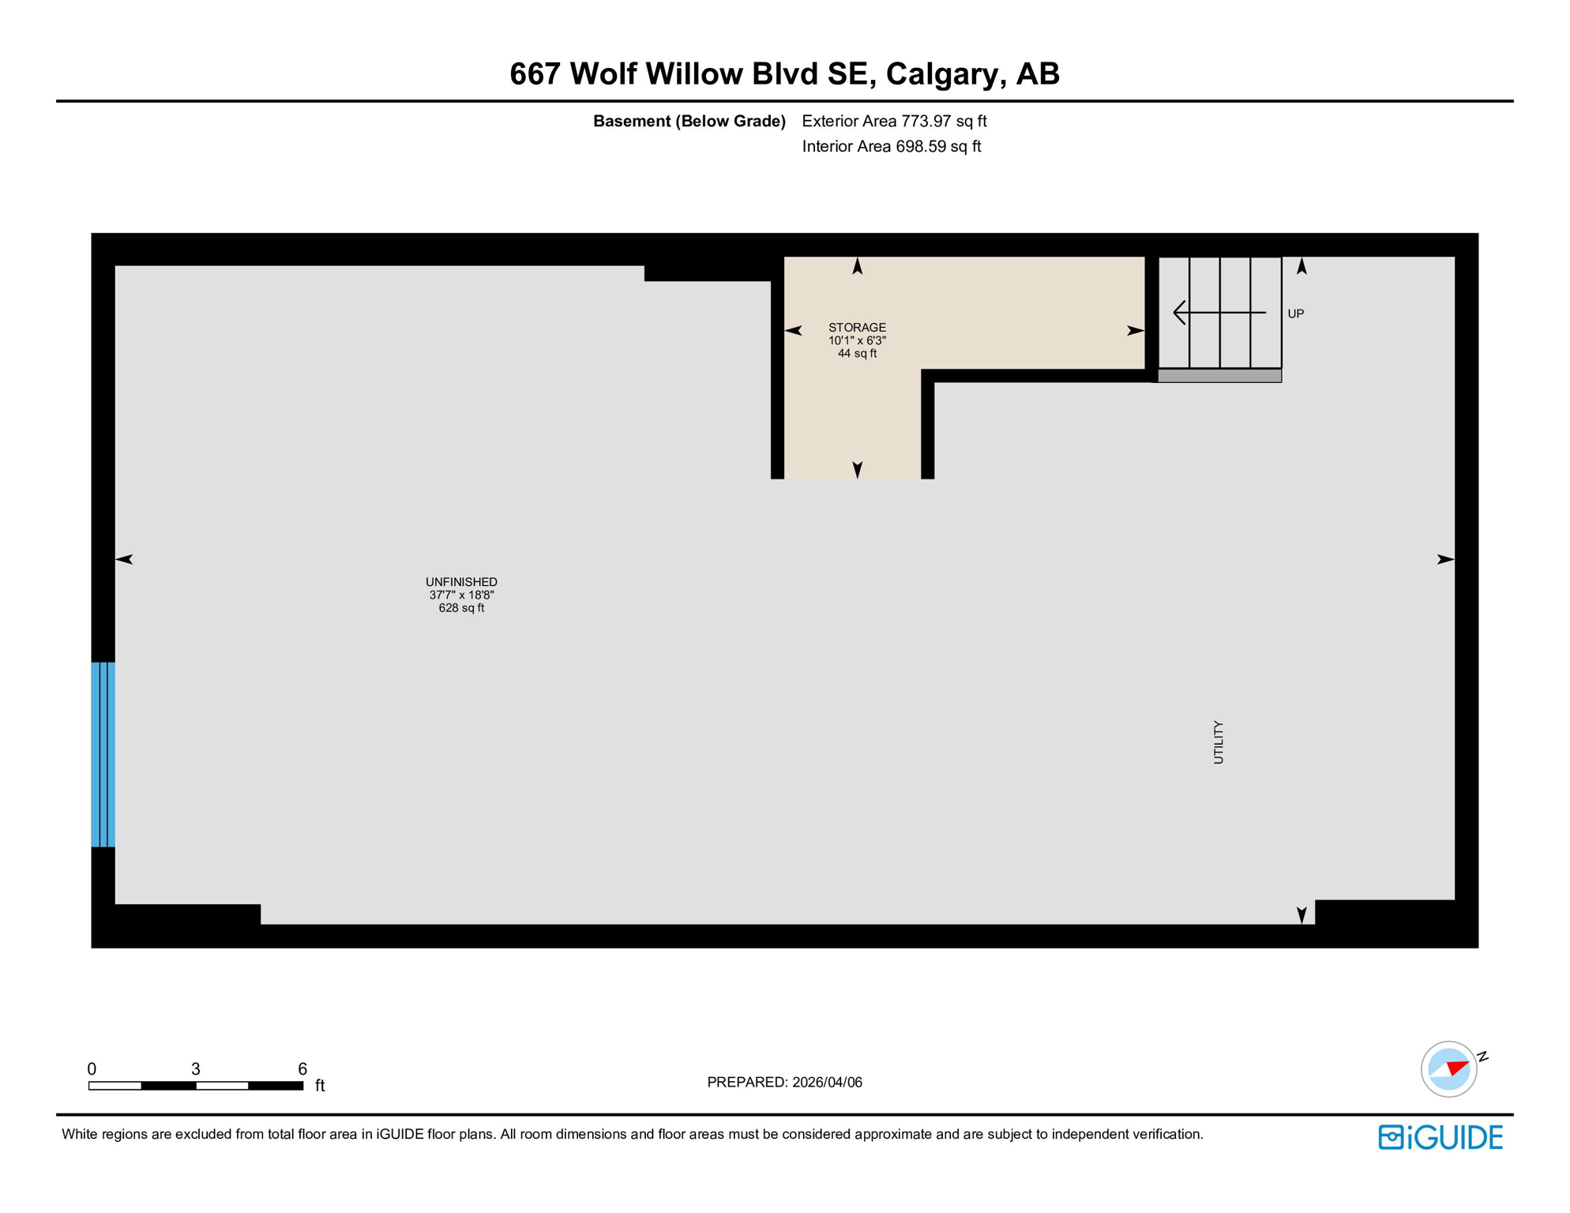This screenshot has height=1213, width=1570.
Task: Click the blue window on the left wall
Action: (x=103, y=754)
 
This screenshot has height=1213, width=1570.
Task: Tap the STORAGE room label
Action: (x=857, y=328)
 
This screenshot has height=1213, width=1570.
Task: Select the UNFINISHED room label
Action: (x=461, y=582)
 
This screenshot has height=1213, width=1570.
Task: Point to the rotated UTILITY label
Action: (x=1219, y=742)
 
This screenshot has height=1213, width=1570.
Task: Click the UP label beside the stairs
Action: (x=1296, y=314)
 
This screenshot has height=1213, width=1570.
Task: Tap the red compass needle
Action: (x=1458, y=1068)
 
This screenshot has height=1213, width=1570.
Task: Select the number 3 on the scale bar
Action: (x=196, y=1068)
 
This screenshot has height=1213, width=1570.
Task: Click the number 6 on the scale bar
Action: (x=302, y=1068)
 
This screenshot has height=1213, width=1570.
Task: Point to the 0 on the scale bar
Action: (x=92, y=1068)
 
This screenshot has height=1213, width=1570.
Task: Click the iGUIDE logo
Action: (x=1440, y=1137)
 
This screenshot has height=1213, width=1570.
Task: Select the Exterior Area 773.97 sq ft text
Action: (x=894, y=121)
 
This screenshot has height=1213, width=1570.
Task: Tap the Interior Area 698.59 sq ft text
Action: (x=891, y=146)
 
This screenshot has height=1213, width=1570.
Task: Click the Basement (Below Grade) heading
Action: (x=689, y=121)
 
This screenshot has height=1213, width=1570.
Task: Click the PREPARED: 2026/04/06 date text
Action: (x=784, y=1082)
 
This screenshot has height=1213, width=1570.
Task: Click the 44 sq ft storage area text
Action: (x=857, y=354)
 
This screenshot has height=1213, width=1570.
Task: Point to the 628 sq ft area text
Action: (x=461, y=608)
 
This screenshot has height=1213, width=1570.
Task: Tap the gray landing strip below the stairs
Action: (x=1219, y=376)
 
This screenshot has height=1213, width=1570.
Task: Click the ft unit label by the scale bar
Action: (x=320, y=1086)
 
